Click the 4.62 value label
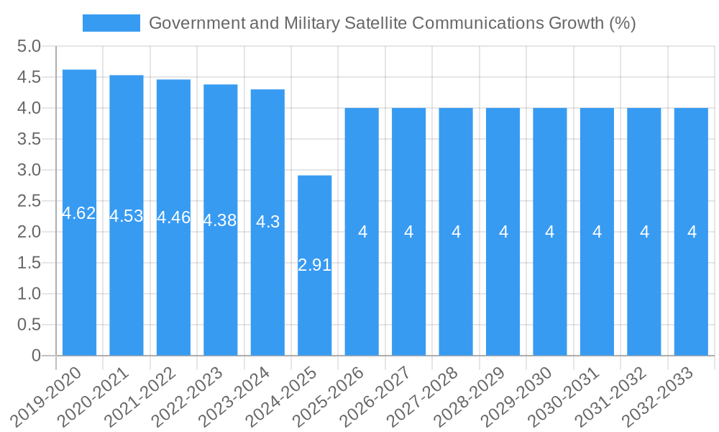(79, 213)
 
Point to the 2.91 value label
(314, 265)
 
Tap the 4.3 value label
(267, 222)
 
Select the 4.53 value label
(127, 216)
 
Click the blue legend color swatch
(111, 23)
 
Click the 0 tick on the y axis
(36, 356)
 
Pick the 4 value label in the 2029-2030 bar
(550, 232)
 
